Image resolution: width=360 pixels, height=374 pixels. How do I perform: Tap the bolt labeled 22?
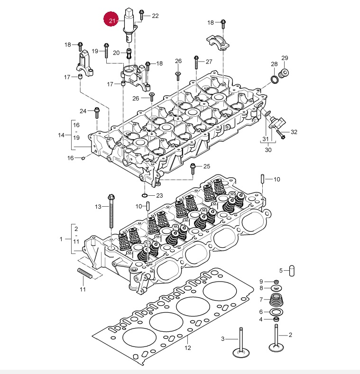(141, 15)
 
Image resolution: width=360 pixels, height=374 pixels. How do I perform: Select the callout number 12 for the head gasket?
(188, 348)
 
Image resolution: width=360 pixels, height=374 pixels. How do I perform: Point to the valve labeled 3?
(241, 343)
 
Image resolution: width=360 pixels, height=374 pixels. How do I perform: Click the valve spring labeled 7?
(276, 300)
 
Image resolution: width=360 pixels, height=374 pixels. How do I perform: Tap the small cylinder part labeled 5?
(292, 271)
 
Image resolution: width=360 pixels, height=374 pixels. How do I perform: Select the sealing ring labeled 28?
(275, 80)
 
